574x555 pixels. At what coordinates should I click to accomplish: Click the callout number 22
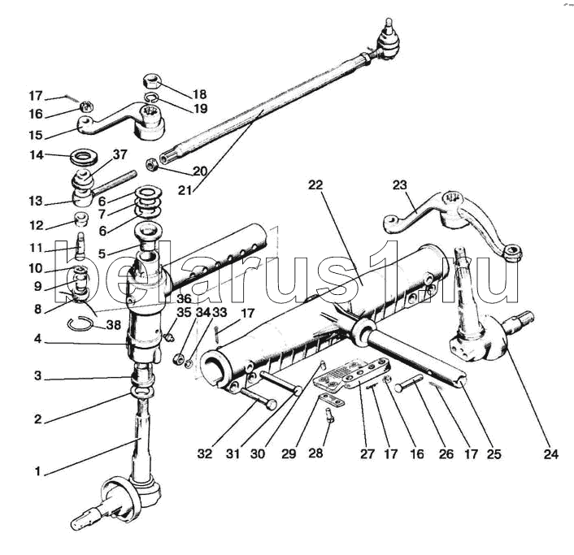tap(315, 185)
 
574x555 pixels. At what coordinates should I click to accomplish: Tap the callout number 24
tap(551, 454)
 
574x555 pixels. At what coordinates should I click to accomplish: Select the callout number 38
tap(114, 325)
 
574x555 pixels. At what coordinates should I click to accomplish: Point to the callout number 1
tap(37, 471)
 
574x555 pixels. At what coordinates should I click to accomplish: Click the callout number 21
tap(185, 190)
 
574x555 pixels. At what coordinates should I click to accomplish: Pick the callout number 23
tap(399, 184)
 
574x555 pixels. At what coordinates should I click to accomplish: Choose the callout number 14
tap(37, 155)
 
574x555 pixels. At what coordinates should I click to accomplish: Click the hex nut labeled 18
tap(151, 80)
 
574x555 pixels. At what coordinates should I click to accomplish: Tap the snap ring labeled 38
tap(80, 323)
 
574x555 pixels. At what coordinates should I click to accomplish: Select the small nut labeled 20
tap(151, 165)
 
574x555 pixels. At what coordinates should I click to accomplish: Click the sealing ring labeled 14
tap(85, 158)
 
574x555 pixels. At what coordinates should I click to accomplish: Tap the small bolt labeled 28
tap(329, 415)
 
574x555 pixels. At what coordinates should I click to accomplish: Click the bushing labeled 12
tap(81, 219)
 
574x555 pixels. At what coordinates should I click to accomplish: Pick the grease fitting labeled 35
tap(168, 337)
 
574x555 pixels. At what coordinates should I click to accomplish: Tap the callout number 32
tap(204, 454)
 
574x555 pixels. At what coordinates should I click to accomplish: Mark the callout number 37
tap(120, 154)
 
